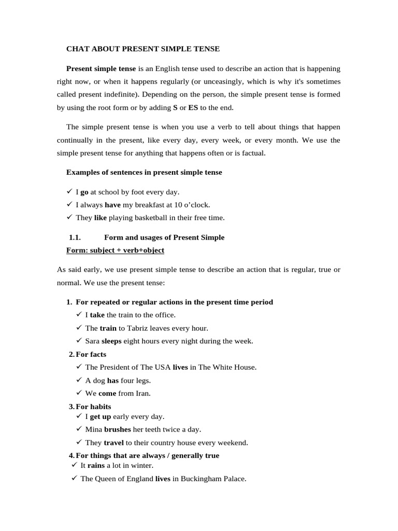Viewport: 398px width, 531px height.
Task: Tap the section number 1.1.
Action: [x=75, y=237]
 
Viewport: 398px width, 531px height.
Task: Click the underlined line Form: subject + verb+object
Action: [x=115, y=250]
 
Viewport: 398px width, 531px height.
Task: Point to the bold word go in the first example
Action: [x=84, y=192]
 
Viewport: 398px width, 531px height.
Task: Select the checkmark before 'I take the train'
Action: [x=79, y=315]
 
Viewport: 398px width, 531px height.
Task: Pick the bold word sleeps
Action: [x=111, y=341]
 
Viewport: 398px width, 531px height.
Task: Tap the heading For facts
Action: [x=91, y=354]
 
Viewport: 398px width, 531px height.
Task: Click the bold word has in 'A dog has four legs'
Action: [x=113, y=380]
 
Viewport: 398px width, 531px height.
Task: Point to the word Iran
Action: [x=143, y=393]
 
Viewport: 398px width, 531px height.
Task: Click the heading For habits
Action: [x=93, y=407]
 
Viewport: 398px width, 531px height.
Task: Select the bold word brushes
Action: [x=118, y=429]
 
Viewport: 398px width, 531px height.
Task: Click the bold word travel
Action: [x=113, y=443]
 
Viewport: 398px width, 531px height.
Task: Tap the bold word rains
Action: [x=96, y=466]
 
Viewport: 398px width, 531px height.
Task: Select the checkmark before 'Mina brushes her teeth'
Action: [x=79, y=429]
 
